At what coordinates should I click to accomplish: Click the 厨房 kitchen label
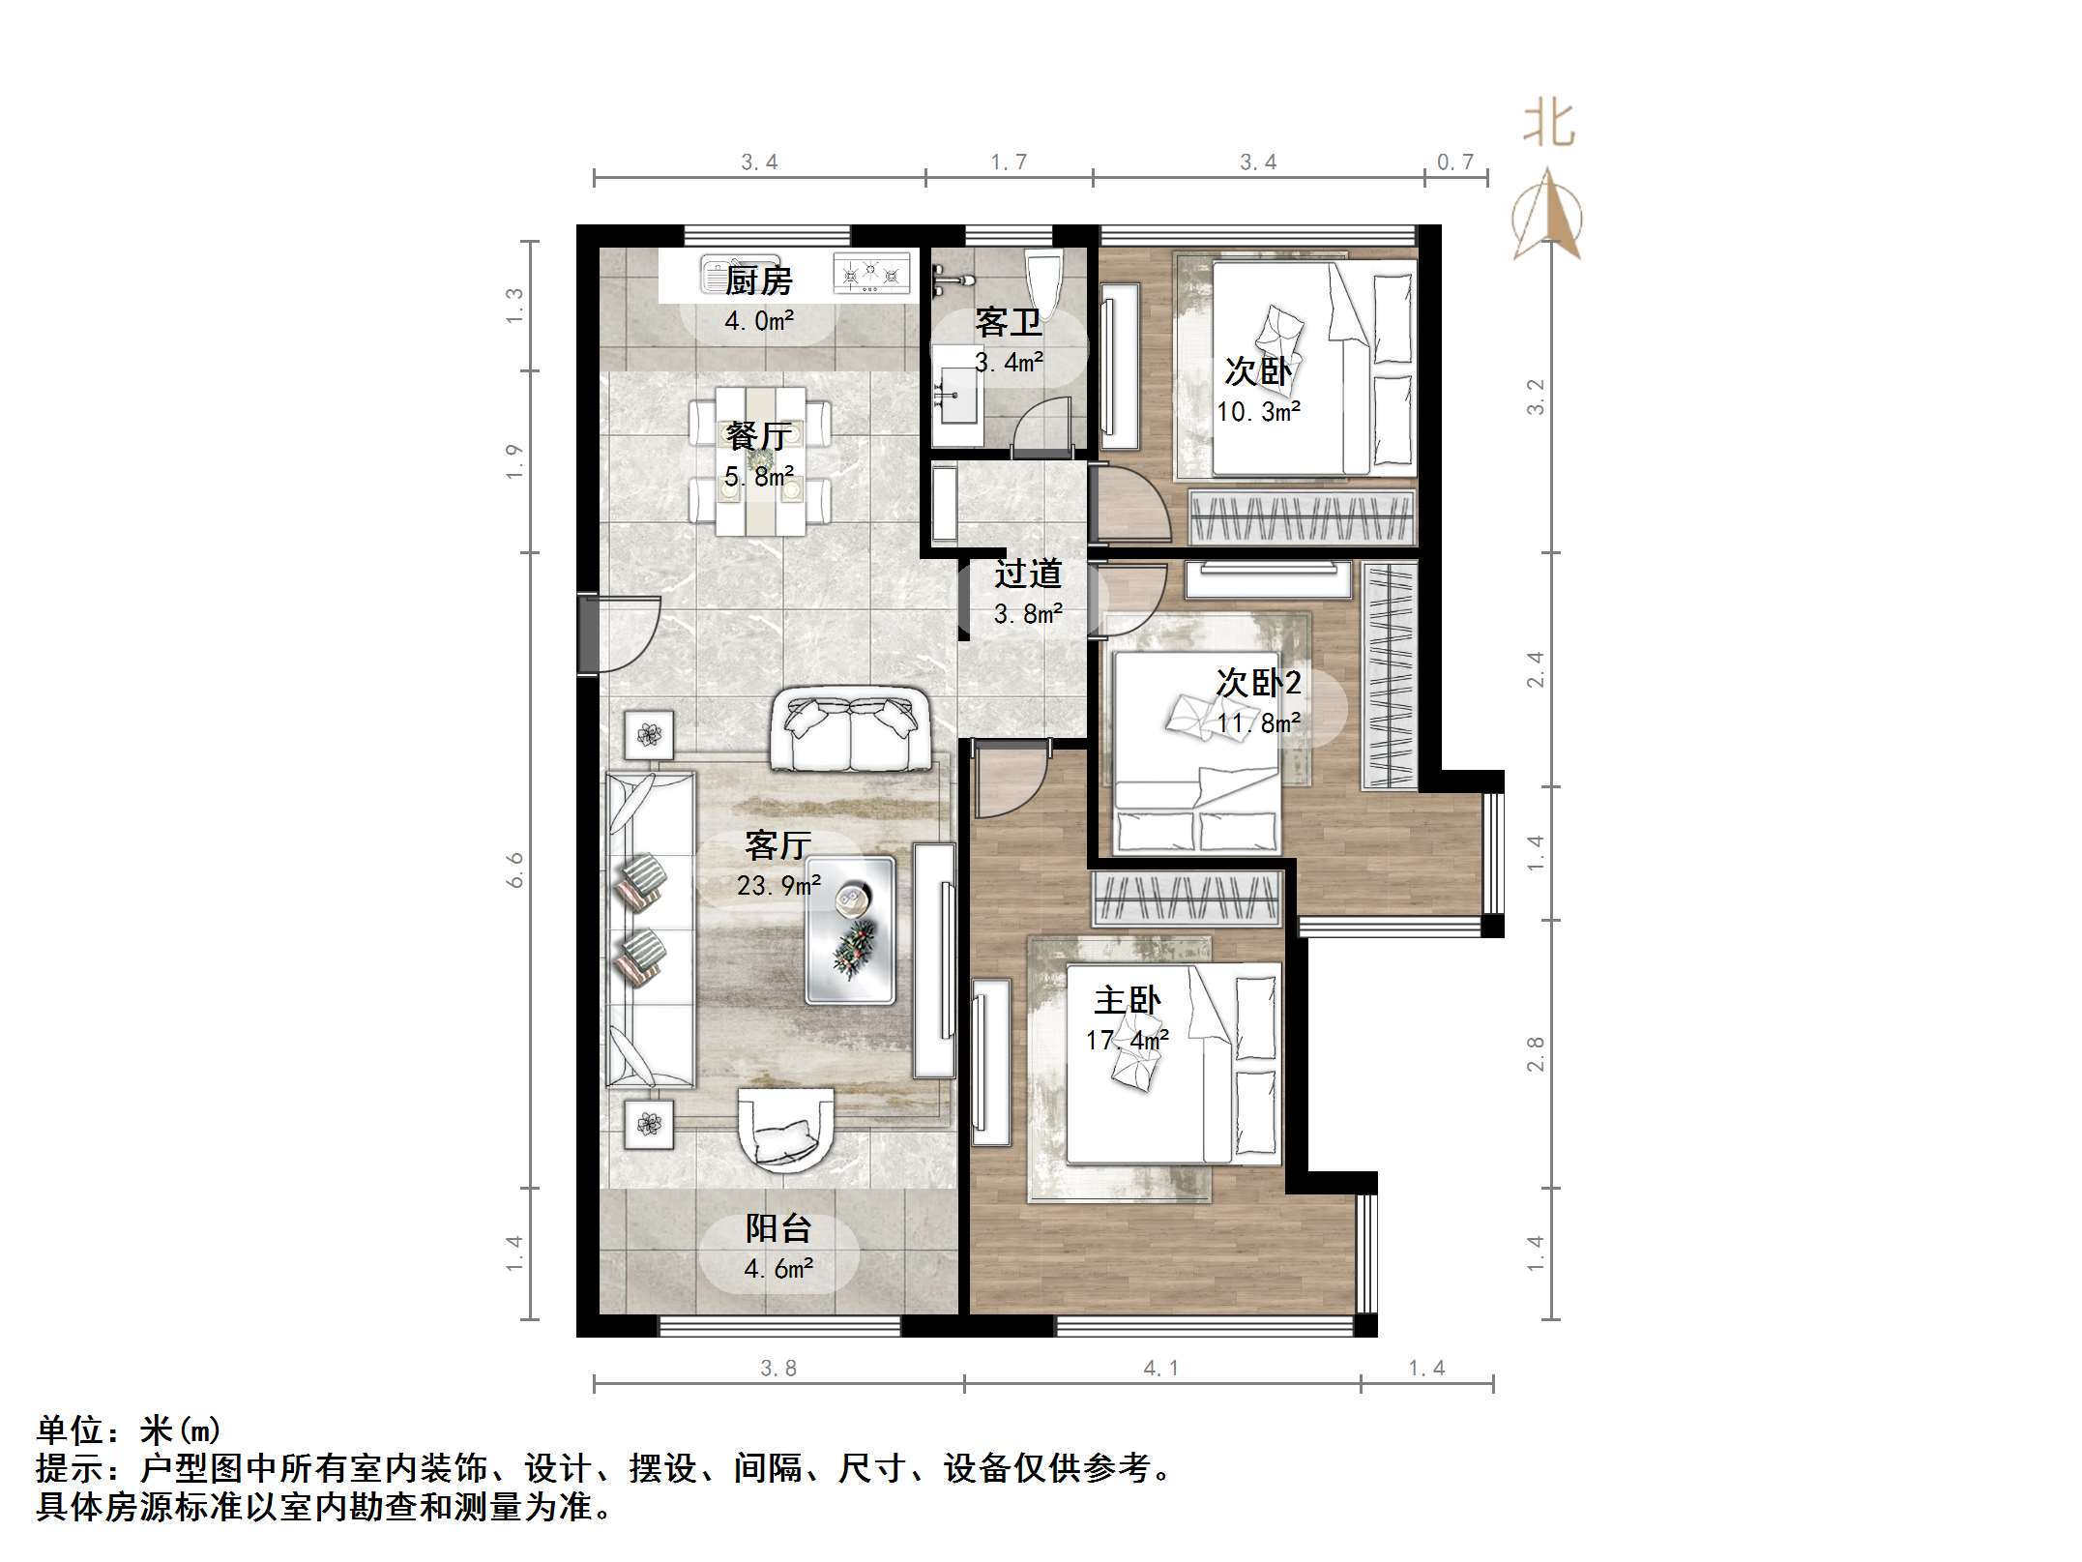[x=759, y=281]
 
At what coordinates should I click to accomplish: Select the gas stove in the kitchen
[x=871, y=273]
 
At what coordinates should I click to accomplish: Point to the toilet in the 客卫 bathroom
[x=1043, y=275]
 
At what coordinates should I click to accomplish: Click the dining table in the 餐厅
[x=761, y=461]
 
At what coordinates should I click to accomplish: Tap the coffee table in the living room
[x=851, y=930]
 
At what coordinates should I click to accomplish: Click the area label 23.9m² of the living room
[x=778, y=885]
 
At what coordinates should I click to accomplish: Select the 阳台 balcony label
[x=778, y=1228]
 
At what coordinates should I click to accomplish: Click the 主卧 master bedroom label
[x=1127, y=1000]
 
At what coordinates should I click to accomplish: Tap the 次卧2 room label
[x=1258, y=683]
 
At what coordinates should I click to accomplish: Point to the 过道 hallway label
[x=1028, y=574]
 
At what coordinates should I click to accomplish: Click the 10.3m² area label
[x=1258, y=412]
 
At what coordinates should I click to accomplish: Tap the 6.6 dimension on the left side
[x=514, y=869]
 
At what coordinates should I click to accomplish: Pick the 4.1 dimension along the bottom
[x=1160, y=1368]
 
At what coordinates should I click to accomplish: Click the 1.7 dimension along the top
[x=1009, y=162]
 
